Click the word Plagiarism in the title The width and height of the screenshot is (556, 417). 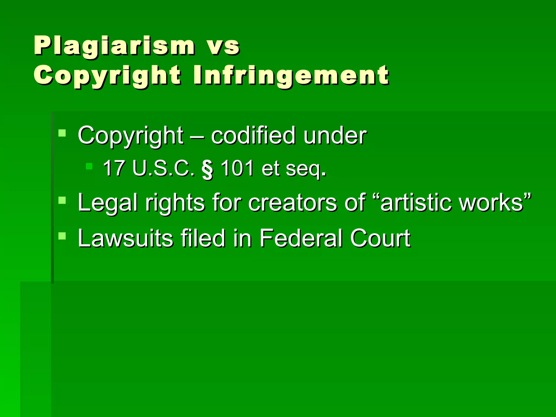click(x=114, y=46)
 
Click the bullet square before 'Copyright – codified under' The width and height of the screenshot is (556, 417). click(x=62, y=133)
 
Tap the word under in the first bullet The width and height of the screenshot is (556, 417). click(x=335, y=135)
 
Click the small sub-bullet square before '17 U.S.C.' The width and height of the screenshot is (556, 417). click(x=89, y=166)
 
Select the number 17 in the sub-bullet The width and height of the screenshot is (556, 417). click(x=114, y=168)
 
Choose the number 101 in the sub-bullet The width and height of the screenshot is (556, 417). click(x=237, y=168)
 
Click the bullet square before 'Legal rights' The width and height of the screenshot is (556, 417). click(x=62, y=201)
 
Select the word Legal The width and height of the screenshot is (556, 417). click(x=107, y=203)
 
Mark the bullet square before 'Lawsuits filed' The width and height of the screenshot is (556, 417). click(x=62, y=236)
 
